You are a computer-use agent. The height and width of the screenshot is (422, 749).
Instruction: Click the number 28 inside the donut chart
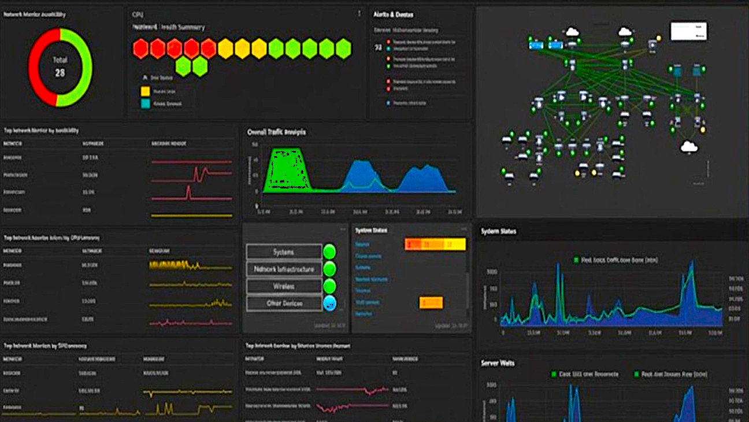point(60,73)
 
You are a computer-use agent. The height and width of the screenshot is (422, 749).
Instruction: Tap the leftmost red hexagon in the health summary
point(141,49)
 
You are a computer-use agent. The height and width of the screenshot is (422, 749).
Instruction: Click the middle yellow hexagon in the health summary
point(242,49)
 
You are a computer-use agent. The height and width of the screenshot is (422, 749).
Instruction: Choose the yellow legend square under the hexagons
point(145,91)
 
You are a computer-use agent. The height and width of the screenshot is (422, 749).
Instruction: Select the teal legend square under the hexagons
point(145,103)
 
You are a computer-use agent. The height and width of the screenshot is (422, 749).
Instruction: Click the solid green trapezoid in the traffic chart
point(287,170)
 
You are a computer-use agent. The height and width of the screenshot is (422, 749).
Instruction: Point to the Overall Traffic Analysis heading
point(276,132)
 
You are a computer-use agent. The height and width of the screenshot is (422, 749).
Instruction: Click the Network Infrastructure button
point(284,269)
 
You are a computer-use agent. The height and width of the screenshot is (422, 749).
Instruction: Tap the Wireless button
point(284,286)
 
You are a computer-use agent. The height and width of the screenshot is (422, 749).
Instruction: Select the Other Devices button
point(284,303)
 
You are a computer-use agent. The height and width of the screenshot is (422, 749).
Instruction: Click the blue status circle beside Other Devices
point(329,303)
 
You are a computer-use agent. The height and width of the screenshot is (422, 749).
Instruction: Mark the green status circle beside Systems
point(329,251)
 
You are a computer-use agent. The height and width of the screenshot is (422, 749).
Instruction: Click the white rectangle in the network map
point(688,31)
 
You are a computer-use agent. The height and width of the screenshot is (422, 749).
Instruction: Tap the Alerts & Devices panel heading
point(394,14)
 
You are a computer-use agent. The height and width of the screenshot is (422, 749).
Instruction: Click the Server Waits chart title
point(498,363)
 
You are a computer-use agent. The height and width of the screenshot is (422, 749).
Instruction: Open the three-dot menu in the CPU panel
point(359,13)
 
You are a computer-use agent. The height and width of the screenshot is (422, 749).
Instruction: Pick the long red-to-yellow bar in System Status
point(435,245)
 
